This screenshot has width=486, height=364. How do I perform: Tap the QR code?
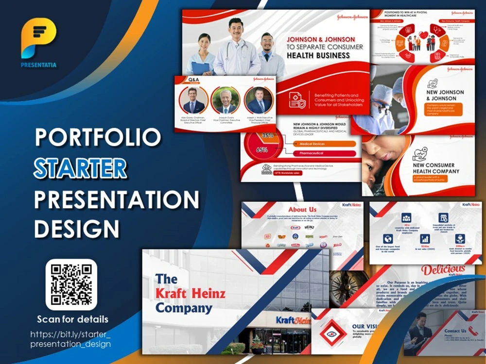(71, 284)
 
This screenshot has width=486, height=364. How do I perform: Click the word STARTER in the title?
(80, 168)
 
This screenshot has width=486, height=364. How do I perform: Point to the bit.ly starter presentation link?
(70, 339)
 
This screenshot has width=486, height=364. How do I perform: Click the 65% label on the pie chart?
(262, 149)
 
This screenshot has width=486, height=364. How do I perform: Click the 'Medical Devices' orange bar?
(326, 144)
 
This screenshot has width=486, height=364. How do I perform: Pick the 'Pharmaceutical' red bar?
(326, 153)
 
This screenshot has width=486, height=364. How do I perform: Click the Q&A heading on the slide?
(193, 79)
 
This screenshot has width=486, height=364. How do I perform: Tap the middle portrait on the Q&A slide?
(225, 100)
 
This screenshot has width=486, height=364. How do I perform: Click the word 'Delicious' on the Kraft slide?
(443, 270)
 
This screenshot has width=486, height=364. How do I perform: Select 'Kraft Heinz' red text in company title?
(190, 293)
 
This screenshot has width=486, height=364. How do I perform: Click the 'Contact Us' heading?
(455, 331)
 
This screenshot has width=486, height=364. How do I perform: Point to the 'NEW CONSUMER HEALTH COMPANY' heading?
(433, 168)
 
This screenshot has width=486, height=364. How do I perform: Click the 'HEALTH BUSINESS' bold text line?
(318, 55)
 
